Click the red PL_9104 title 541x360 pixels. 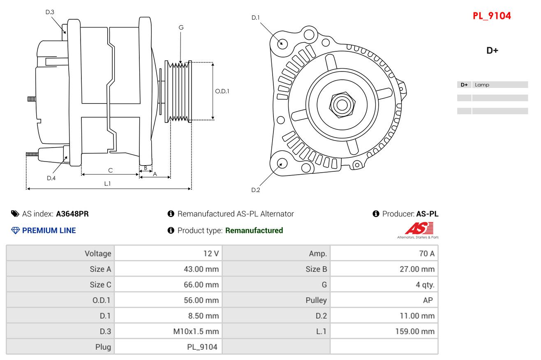(x=492, y=16)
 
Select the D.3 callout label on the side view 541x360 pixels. (x=50, y=12)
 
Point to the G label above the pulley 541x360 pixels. (x=181, y=28)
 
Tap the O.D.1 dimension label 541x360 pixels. (x=222, y=91)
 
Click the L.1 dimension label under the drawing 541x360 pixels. (x=107, y=184)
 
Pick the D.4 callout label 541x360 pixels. (x=51, y=178)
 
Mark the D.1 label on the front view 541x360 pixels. (x=255, y=18)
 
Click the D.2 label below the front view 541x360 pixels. (x=256, y=190)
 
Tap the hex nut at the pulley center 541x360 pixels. (x=342, y=105)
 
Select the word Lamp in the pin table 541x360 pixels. (x=482, y=85)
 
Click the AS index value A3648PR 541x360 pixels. (x=72, y=214)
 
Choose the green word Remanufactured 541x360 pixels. (x=254, y=231)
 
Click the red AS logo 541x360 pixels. (x=419, y=228)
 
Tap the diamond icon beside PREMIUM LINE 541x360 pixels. (x=16, y=231)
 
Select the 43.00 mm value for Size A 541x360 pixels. (x=201, y=269)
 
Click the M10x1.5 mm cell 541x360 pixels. (x=196, y=332)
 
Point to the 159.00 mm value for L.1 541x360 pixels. (x=415, y=332)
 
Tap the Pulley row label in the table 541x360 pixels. (x=316, y=300)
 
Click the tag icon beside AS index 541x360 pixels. (x=15, y=214)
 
